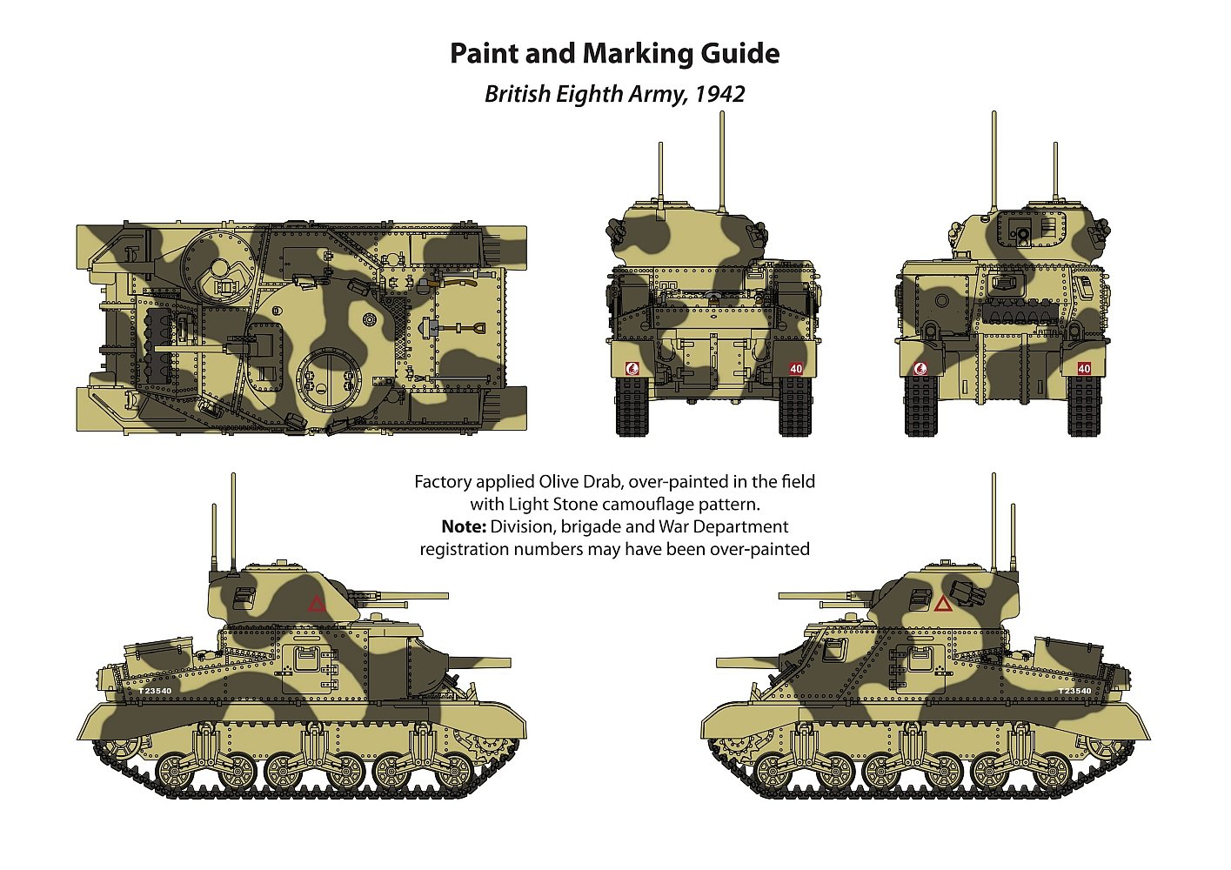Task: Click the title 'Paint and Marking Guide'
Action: point(614,54)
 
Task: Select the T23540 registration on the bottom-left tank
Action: point(155,691)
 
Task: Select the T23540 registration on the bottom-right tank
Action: point(1075,691)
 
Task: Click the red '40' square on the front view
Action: point(796,369)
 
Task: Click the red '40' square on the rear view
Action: point(1084,368)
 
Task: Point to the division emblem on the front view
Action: point(632,369)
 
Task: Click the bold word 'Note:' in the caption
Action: point(464,526)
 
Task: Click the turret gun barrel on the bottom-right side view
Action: point(820,596)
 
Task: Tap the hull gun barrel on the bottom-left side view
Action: point(479,662)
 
